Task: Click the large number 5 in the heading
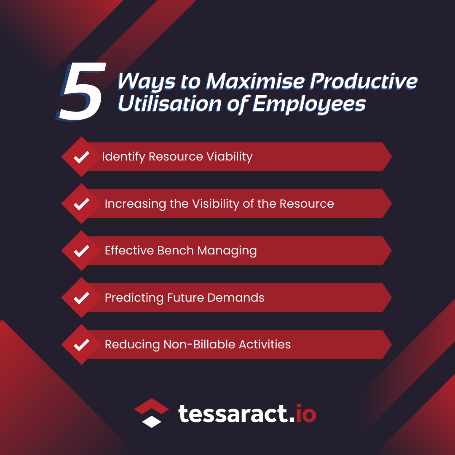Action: tap(80, 91)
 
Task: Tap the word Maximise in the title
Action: tap(255, 81)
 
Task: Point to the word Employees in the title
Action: tap(309, 104)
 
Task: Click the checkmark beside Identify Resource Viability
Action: tap(81, 157)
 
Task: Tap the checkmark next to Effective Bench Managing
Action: tap(81, 251)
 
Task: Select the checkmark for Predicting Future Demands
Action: tap(81, 298)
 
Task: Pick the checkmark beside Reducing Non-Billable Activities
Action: tap(81, 345)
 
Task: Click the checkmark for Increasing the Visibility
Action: tap(81, 204)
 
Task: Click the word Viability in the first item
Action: tap(230, 157)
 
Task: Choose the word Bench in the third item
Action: tap(175, 250)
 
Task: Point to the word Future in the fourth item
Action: tap(185, 298)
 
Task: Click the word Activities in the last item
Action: tap(265, 345)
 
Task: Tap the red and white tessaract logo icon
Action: tap(152, 413)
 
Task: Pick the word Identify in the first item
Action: tap(123, 157)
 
